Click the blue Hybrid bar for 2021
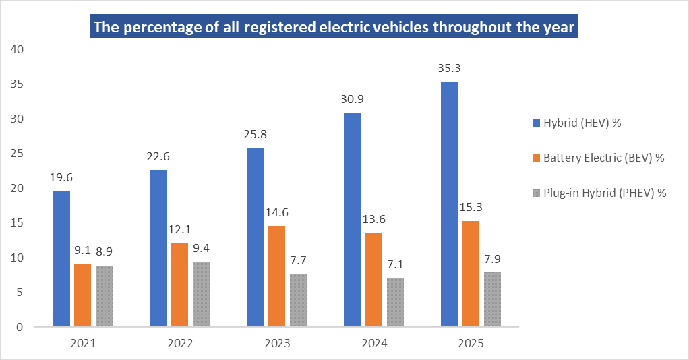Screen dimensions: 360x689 point(61,259)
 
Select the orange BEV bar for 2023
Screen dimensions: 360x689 point(276,276)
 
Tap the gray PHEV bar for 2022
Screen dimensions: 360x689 point(201,295)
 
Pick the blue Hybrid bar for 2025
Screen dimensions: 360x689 point(449,204)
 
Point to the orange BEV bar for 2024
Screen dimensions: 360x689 point(373,280)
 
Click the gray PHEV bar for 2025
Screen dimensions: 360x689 point(492,299)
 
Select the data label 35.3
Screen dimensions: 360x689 point(449,68)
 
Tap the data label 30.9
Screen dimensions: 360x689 point(352,99)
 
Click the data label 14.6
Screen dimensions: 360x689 point(276,212)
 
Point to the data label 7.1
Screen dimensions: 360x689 point(395,264)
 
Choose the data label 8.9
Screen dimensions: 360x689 point(104,251)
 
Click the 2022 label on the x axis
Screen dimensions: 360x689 point(180,343)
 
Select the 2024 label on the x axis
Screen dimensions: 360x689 point(374,343)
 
